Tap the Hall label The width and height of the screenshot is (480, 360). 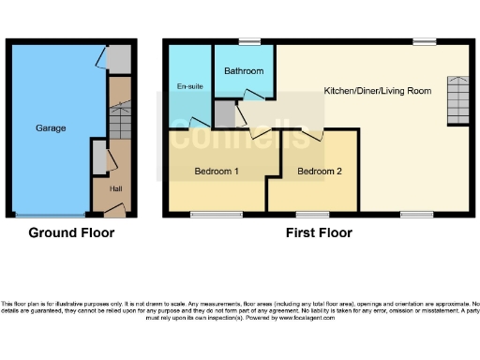click(116, 189)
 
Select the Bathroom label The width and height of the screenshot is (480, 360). click(244, 71)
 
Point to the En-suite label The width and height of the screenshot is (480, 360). click(190, 86)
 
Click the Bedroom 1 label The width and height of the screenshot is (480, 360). click(217, 172)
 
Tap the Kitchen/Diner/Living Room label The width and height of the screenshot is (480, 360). click(377, 91)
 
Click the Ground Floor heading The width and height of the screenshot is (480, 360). click(71, 232)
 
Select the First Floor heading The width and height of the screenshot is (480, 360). click(319, 232)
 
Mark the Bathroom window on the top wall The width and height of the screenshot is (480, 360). click(248, 40)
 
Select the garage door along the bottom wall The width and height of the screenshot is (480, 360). click(51, 216)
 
